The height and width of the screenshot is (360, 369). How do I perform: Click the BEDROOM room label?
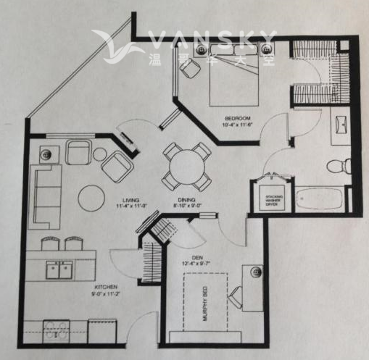(x=237, y=118)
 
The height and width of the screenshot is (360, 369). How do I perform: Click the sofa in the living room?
(x=45, y=196)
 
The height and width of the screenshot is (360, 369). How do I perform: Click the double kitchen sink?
(x=59, y=269)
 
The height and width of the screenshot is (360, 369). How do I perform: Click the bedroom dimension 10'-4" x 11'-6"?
(x=237, y=126)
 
